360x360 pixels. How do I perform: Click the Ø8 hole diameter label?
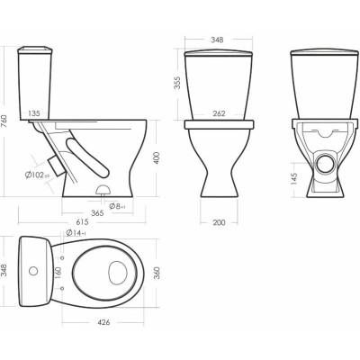pyautogui.click(x=117, y=206)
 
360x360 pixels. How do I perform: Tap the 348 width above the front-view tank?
pyautogui.click(x=216, y=39)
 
